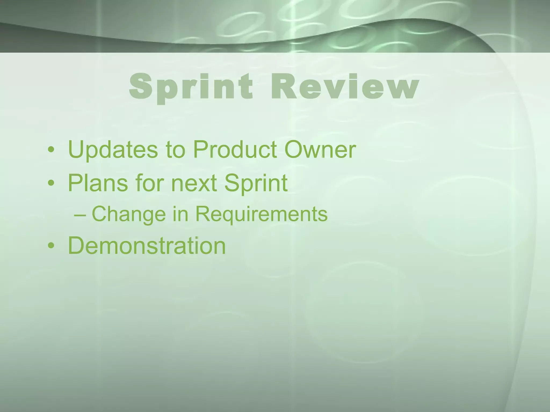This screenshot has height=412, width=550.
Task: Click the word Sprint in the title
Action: click(191, 87)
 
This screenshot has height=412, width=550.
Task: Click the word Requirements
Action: click(261, 215)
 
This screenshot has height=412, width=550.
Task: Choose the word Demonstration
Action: click(147, 245)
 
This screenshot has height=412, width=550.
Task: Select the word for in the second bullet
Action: click(150, 183)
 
